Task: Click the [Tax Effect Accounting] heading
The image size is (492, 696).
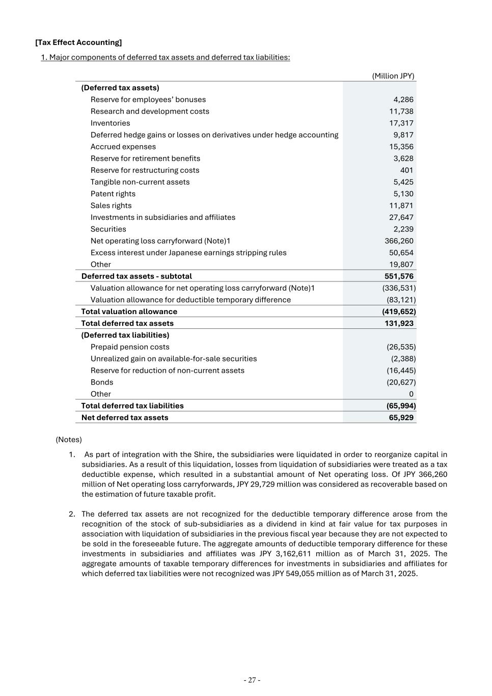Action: (x=78, y=42)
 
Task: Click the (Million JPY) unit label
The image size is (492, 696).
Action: (x=393, y=76)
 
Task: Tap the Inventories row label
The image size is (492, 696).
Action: (x=110, y=123)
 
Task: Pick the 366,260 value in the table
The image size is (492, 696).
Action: (x=399, y=241)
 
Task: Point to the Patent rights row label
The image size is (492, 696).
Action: (x=113, y=194)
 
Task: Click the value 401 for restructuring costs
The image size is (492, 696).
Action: (x=406, y=170)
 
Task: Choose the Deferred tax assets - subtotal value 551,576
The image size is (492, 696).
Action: (x=399, y=276)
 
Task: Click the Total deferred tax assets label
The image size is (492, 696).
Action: (x=127, y=323)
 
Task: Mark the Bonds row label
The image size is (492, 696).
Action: (x=102, y=382)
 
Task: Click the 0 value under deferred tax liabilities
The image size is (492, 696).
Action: (x=411, y=394)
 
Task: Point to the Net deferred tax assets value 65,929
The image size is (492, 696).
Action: (x=401, y=418)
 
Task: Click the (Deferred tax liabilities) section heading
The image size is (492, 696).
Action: (x=125, y=335)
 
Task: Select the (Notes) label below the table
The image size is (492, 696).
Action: (x=69, y=440)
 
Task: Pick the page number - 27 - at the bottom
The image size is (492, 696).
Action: (x=252, y=680)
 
